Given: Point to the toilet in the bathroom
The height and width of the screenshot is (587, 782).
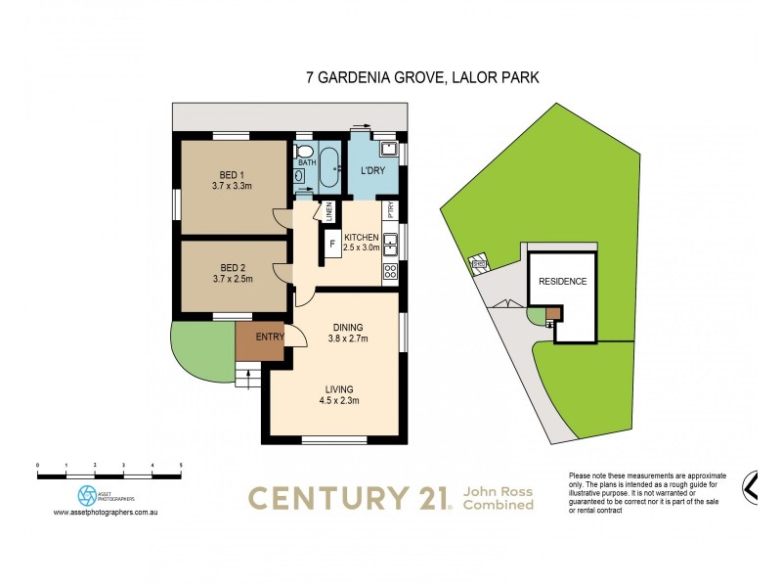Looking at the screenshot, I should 302,177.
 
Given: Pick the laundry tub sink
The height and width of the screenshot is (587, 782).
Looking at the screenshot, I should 388,149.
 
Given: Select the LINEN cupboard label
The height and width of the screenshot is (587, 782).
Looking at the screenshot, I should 329,210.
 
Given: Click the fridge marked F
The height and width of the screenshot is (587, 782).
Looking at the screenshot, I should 331,244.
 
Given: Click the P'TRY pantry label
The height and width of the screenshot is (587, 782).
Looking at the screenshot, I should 390,209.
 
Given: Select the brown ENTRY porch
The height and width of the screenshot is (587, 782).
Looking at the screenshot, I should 259,339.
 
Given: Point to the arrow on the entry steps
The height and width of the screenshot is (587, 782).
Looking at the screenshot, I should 247,373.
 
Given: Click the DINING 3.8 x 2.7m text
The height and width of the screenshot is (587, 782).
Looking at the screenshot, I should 348,333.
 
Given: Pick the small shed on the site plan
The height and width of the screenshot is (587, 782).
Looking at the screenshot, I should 479,263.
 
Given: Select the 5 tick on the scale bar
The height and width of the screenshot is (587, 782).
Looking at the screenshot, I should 181,465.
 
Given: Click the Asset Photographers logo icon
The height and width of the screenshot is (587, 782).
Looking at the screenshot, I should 88,494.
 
